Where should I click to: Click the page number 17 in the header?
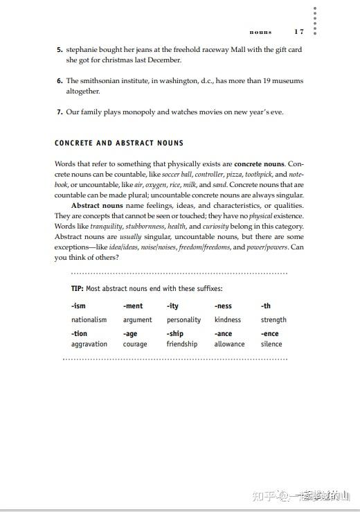pos(299,32)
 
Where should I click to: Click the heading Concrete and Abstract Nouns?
pos(119,143)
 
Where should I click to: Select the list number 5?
pos(60,50)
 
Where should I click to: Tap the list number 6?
pos(60,81)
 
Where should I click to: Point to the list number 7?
pos(60,112)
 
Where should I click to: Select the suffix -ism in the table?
pos(78,306)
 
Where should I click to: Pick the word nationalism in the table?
pos(89,320)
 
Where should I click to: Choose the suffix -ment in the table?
pos(133,306)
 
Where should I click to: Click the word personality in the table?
pos(183,320)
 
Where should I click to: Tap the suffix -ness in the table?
pos(223,306)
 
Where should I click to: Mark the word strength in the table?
pos(273,320)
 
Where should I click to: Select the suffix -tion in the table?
pos(79,334)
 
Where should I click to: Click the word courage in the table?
pos(135,344)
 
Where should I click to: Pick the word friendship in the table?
pos(182,344)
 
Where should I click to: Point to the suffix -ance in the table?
pos(223,334)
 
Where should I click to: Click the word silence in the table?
pos(271,344)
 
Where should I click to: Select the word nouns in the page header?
pos(261,32)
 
